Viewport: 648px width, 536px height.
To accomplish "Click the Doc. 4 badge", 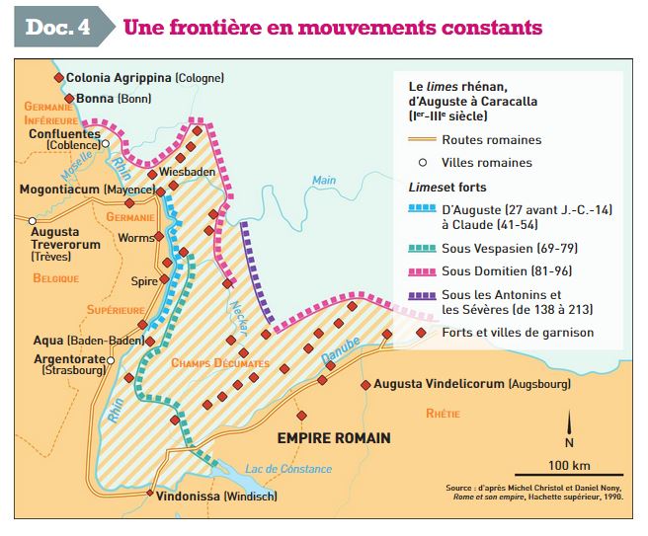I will (56, 27).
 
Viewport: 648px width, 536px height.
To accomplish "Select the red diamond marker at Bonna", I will (68, 99).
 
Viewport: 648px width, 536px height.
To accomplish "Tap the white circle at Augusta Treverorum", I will (33, 220).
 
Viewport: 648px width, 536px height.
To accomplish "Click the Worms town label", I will (136, 237).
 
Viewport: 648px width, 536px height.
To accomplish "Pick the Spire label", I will (144, 280).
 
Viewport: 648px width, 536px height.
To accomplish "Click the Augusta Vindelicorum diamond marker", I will (365, 384).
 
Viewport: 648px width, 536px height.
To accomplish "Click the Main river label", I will (324, 180).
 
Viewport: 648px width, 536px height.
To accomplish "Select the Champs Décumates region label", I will (219, 362).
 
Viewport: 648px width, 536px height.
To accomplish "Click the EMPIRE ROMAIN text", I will (333, 437).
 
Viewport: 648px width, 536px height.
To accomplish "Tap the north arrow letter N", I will (568, 442).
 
